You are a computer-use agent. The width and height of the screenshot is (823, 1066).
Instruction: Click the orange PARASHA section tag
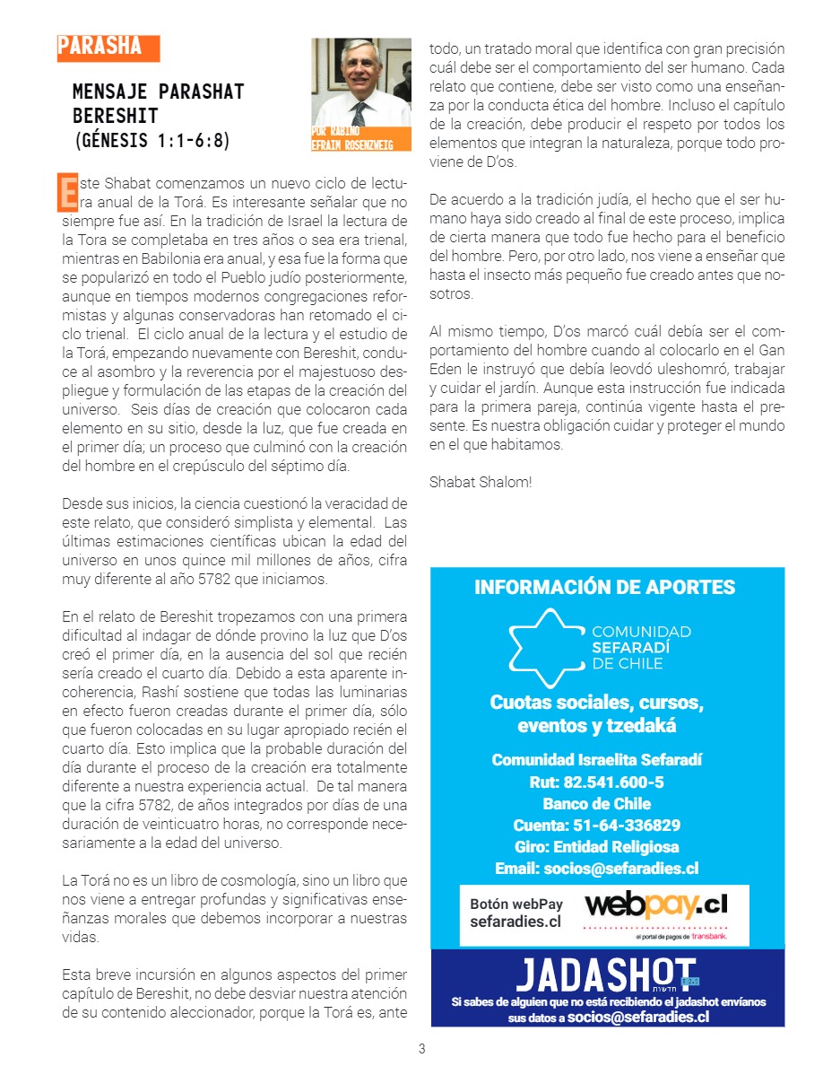[x=107, y=48]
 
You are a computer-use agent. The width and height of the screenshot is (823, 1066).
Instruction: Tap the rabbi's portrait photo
[x=361, y=85]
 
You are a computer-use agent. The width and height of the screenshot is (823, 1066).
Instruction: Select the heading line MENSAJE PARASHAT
[x=158, y=92]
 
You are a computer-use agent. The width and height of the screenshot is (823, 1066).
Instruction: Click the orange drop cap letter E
[x=67, y=191]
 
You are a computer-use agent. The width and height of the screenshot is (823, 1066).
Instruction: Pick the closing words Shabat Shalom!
[x=481, y=482]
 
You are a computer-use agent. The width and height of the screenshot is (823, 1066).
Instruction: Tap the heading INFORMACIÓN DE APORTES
[x=604, y=588]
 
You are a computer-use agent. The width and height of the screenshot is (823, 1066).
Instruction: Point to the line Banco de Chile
[x=596, y=803]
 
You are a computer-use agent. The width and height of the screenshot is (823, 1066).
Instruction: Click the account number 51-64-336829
[x=596, y=825]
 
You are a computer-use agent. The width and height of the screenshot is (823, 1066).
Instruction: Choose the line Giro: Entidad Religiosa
[x=596, y=846]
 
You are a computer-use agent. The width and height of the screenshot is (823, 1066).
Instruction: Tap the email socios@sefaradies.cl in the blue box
[x=596, y=868]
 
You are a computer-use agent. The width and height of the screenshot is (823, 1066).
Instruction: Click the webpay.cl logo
[x=655, y=905]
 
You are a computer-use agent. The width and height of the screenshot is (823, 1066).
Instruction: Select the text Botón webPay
[x=516, y=904]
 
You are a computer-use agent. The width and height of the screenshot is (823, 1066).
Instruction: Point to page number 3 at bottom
[x=421, y=1048]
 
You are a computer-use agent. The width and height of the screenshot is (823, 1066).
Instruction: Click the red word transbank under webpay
[x=708, y=937]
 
